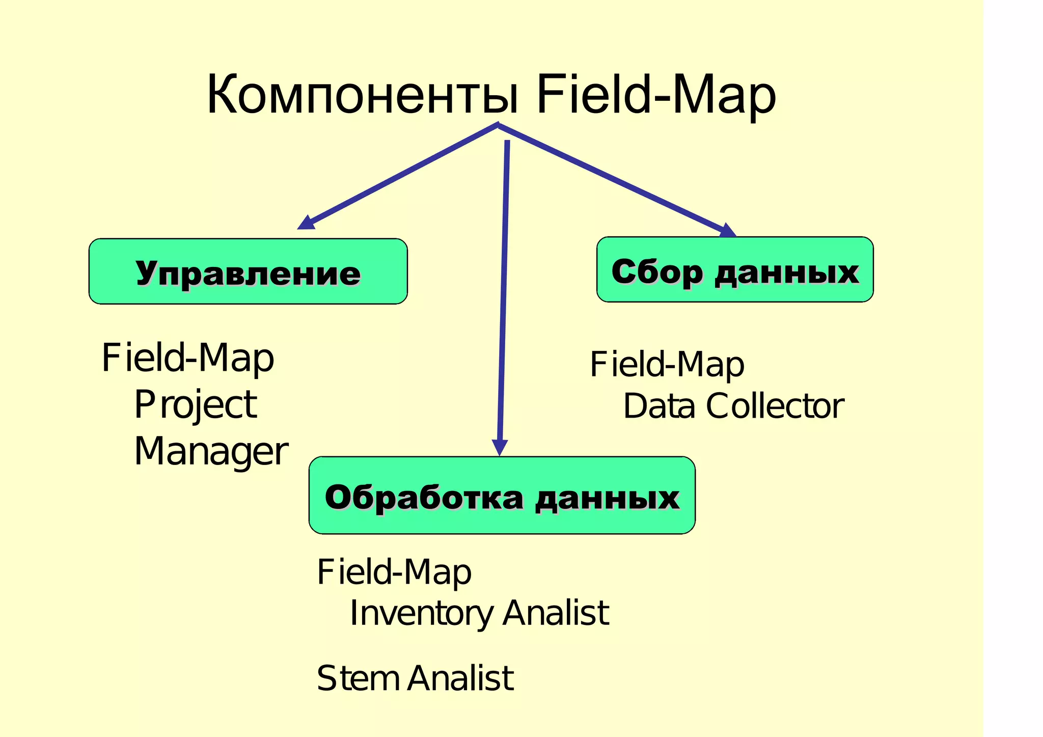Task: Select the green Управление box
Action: click(x=248, y=271)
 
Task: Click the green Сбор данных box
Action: click(x=735, y=269)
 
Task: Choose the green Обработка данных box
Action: click(x=502, y=495)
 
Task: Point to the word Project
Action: click(x=195, y=405)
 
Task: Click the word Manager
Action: click(x=211, y=452)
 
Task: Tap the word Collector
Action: click(x=775, y=406)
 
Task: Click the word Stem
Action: click(x=358, y=679)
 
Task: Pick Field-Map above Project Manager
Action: click(x=188, y=358)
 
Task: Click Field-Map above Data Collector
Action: click(x=667, y=365)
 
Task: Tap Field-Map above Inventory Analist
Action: click(x=394, y=572)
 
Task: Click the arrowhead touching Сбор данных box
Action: click(x=728, y=230)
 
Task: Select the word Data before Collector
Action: click(x=659, y=406)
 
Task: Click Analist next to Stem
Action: click(x=460, y=679)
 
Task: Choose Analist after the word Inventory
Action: click(x=556, y=613)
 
